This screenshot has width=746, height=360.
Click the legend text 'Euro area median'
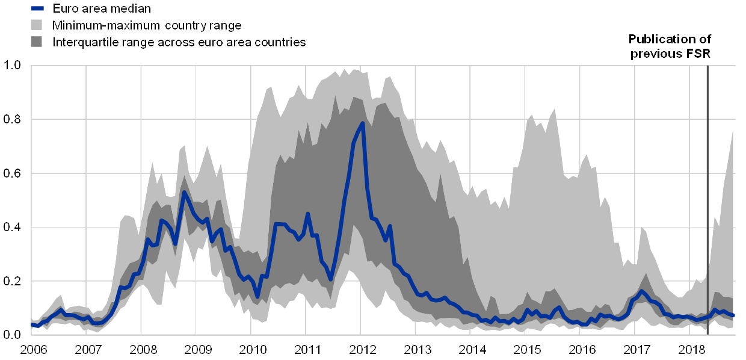[102, 8]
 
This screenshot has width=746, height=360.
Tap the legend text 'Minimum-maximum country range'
[147, 25]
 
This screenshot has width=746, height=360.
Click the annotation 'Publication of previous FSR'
[671, 46]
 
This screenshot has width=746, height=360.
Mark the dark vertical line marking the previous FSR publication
[707, 199]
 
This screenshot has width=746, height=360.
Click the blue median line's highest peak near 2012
[363, 123]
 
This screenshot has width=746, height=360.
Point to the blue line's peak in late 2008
[184, 192]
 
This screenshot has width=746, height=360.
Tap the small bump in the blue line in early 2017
[641, 291]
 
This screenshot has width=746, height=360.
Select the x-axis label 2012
[362, 349]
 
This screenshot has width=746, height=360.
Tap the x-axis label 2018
[690, 349]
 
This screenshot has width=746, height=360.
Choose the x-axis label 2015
[526, 349]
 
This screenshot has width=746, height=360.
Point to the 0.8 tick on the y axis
[12, 119]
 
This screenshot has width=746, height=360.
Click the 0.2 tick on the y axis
[12, 281]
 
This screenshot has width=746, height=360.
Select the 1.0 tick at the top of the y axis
[12, 65]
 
